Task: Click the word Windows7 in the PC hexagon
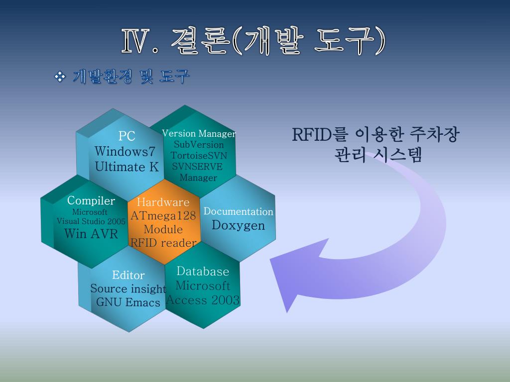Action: (125, 151)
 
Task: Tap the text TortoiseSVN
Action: (199, 155)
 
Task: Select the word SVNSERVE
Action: (197, 166)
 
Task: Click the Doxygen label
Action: (238, 225)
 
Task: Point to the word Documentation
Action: (238, 211)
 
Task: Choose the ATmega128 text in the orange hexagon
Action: (163, 216)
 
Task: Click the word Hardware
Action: (163, 202)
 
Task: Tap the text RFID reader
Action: (163, 243)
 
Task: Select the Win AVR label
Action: (91, 233)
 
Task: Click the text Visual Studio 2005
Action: (91, 221)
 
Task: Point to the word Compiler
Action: (91, 201)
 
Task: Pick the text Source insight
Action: (128, 288)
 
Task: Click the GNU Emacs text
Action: (128, 302)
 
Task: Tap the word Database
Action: (203, 272)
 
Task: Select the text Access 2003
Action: (203, 300)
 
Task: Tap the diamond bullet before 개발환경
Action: (60, 77)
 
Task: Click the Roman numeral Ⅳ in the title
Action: (134, 42)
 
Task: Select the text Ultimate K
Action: (127, 167)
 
